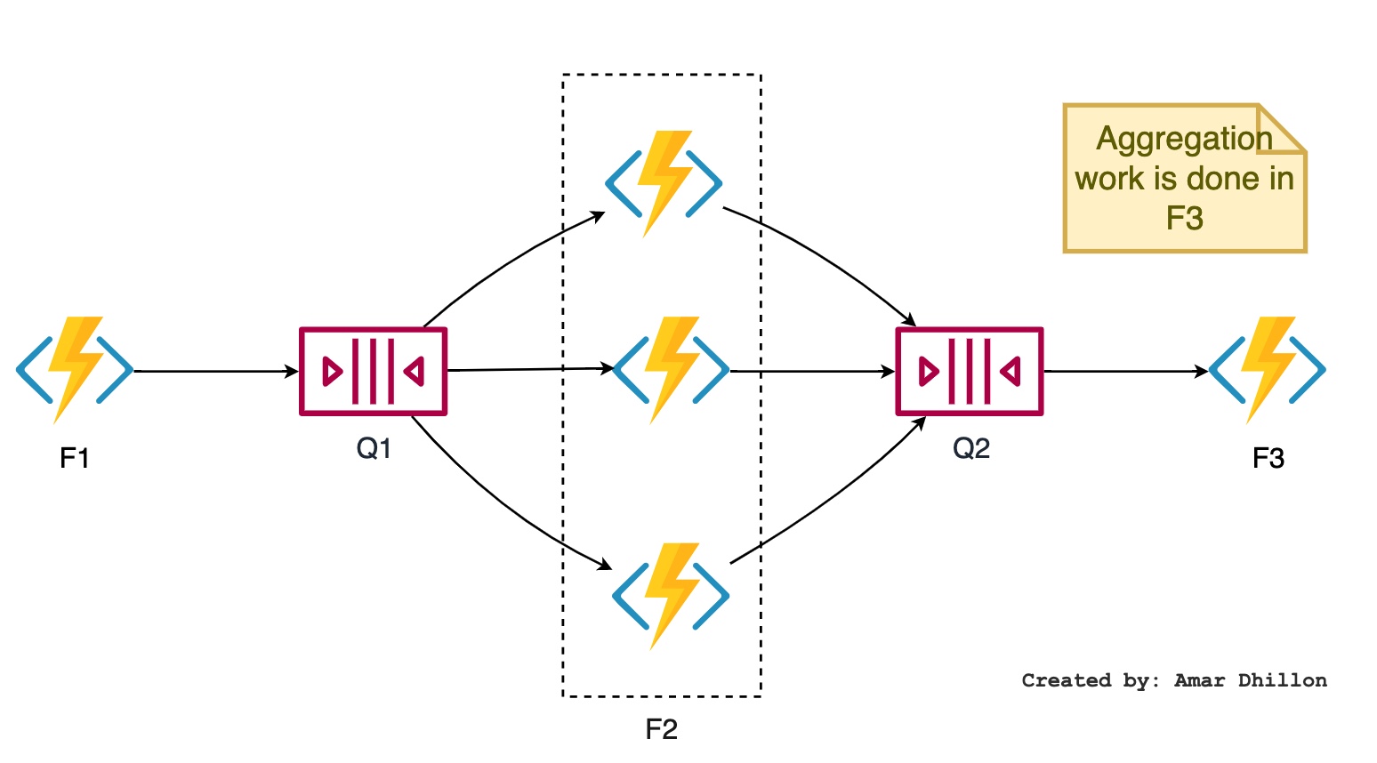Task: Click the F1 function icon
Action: point(75,369)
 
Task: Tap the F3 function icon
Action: point(1268,369)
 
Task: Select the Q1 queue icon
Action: point(373,371)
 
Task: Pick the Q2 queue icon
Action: point(969,371)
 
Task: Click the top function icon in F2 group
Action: point(664,184)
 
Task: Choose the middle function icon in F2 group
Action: point(671,369)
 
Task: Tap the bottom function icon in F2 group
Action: point(671,596)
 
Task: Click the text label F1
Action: point(75,458)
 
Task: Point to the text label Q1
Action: point(374,448)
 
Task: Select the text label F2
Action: point(662,730)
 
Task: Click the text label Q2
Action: point(970,448)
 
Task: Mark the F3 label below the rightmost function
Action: point(1268,458)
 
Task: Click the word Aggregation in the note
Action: point(1184,139)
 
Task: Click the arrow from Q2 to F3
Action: point(1126,371)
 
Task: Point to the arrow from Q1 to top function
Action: point(507,261)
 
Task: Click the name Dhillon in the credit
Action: point(1283,680)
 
